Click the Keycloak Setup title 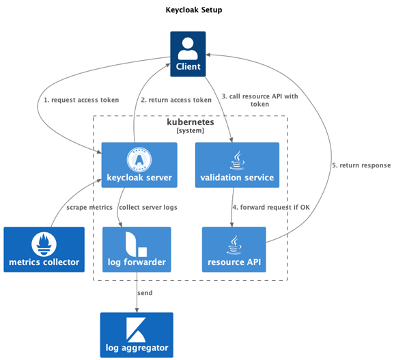pos(194,10)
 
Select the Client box pos(188,54)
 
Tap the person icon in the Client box pos(188,49)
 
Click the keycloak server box pos(139,165)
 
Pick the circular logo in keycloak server pos(139,159)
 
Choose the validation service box pos(237,165)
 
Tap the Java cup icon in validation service pos(237,160)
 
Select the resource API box pos(234,249)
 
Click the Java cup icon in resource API pos(234,245)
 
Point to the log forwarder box pos(137,249)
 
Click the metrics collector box pos(44,249)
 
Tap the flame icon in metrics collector pos(44,244)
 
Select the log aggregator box pos(137,335)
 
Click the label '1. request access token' pos(81,100)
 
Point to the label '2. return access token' pos(176,100)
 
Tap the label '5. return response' pos(361,165)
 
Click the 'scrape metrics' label pos(89,208)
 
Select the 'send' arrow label pos(145,293)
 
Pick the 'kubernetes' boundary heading pos(191,122)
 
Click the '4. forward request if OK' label pos(271,208)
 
